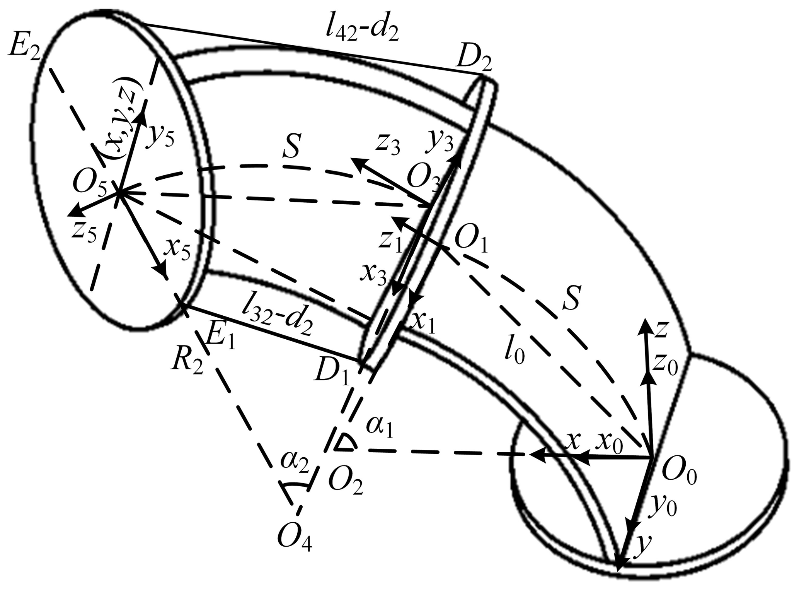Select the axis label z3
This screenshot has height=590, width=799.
[x=387, y=147]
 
